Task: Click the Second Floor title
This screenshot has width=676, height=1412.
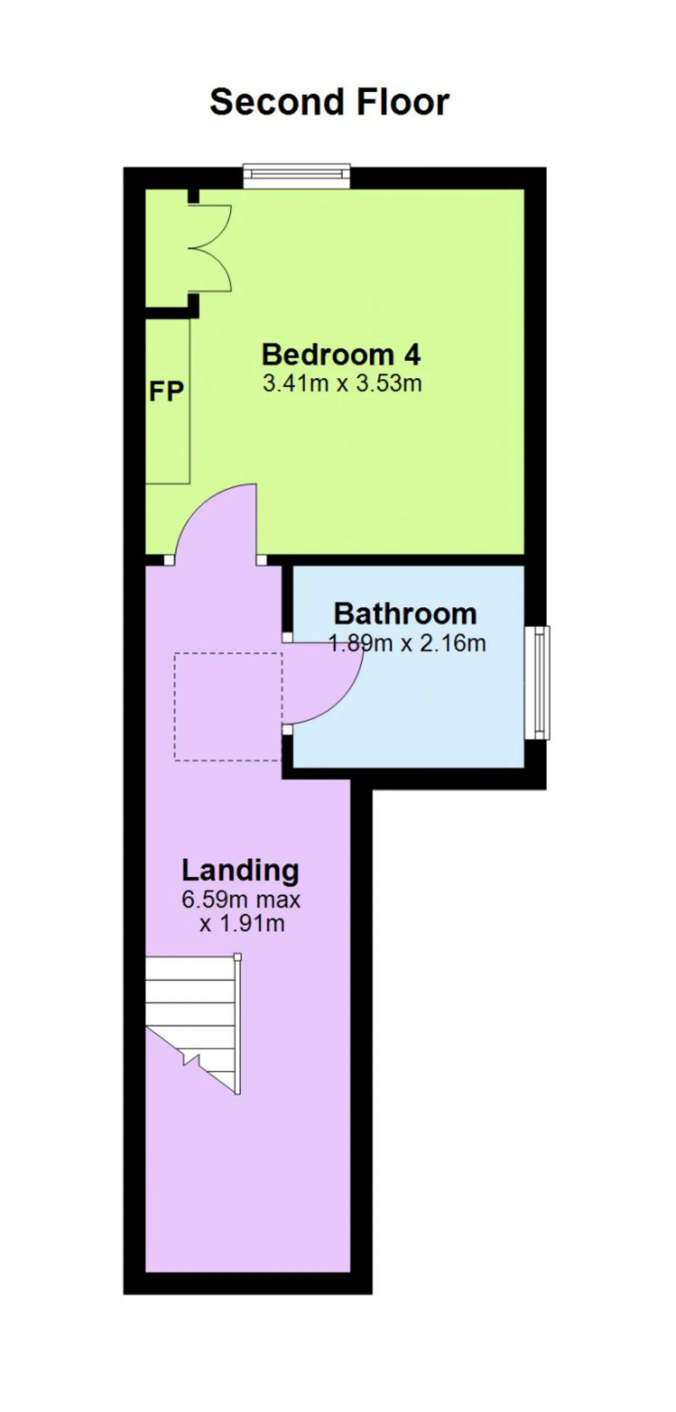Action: (x=330, y=102)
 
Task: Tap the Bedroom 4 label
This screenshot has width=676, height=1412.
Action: (x=341, y=355)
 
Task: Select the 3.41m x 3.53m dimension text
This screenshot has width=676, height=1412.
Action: (x=342, y=383)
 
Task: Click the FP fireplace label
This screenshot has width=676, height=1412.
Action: (x=166, y=391)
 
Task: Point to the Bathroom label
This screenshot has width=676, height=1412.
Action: (x=405, y=614)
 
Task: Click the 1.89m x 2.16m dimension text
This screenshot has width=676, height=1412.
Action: (x=407, y=643)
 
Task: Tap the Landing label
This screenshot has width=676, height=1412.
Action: (x=240, y=870)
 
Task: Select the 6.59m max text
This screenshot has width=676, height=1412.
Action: (x=241, y=899)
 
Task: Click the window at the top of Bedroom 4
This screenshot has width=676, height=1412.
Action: (x=297, y=175)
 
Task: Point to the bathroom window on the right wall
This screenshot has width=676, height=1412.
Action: (x=537, y=683)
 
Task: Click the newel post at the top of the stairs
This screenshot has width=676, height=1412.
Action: (x=238, y=957)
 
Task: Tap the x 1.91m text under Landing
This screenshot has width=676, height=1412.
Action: (x=242, y=924)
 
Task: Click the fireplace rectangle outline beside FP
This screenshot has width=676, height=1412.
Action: (x=190, y=401)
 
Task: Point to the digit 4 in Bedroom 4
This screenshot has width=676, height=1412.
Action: (x=412, y=355)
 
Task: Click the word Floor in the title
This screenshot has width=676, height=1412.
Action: (x=403, y=102)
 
